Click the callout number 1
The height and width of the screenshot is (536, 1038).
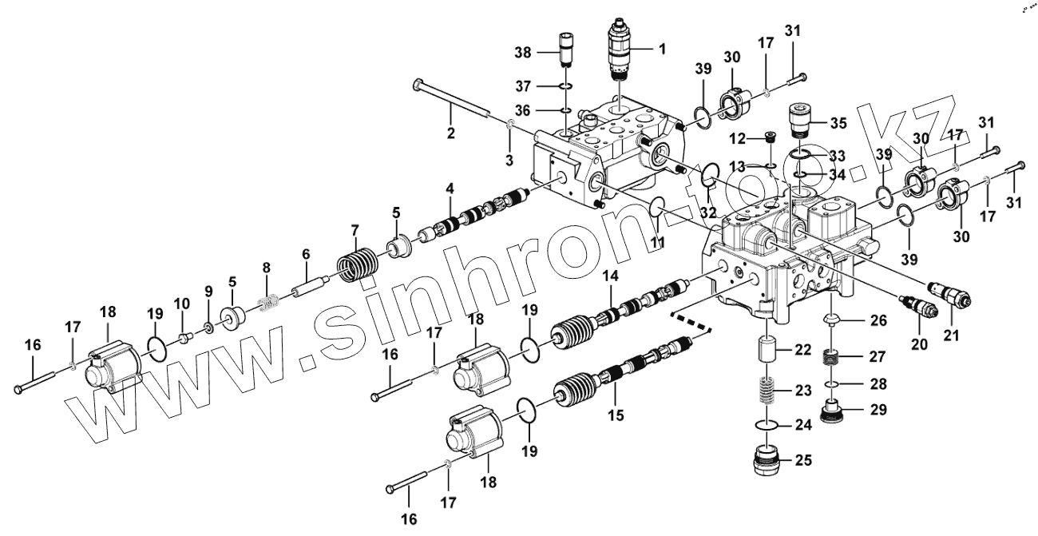click(x=661, y=49)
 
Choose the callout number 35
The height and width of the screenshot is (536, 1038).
click(x=838, y=123)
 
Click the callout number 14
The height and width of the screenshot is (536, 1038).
click(x=611, y=276)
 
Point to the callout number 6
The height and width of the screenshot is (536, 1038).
click(x=305, y=253)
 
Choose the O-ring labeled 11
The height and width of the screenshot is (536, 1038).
click(x=656, y=207)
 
